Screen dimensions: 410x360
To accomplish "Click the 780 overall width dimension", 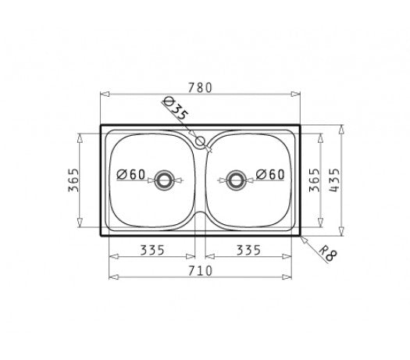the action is coord(200,87).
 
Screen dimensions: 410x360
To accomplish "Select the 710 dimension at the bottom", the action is coord(200,271).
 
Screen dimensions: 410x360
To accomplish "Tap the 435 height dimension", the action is coord(334,180).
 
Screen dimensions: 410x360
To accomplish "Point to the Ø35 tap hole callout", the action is coord(175,109).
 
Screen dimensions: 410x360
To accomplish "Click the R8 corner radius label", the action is coord(329,254).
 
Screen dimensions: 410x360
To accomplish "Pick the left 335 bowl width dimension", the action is coord(152,250).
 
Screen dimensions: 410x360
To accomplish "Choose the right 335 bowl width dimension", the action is coord(248,250).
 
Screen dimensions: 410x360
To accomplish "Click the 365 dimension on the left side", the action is coord(73,180).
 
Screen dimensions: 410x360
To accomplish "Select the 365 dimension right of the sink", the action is coord(315,180).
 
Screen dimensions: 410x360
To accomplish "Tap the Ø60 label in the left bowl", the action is coord(130,174).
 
